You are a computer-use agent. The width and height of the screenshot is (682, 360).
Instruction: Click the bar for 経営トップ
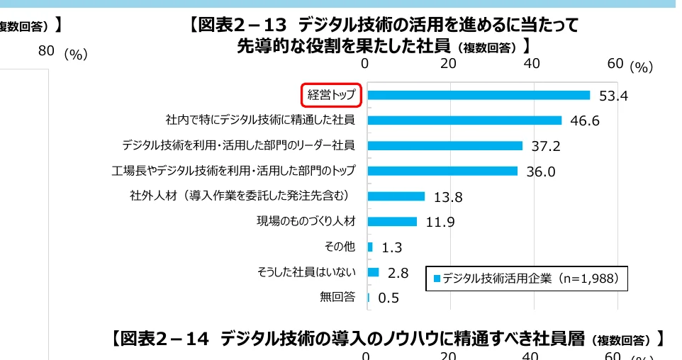coord(479,95)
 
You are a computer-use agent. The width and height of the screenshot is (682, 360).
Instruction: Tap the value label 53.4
coord(613,96)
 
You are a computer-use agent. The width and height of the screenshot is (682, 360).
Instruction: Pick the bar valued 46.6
coord(464,120)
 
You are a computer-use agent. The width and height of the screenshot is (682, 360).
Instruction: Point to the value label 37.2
coord(546,146)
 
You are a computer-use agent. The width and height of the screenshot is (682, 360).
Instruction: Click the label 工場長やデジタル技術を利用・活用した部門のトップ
coord(233,171)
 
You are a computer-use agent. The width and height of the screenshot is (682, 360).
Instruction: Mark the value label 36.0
coord(540,171)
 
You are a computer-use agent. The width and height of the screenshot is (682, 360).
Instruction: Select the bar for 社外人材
coord(396,196)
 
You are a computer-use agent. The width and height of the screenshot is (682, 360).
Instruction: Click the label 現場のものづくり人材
coord(306,221)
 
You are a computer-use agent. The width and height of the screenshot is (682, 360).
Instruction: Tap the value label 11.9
coord(440,222)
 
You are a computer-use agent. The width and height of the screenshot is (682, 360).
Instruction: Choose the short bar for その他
coord(370,247)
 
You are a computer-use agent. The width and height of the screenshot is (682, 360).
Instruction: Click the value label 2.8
coord(398,273)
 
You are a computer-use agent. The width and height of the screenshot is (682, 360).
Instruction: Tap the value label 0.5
coord(388,298)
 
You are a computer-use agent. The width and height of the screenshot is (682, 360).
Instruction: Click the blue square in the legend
coord(437,279)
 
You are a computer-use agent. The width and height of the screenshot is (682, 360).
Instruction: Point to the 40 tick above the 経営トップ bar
coord(531,63)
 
